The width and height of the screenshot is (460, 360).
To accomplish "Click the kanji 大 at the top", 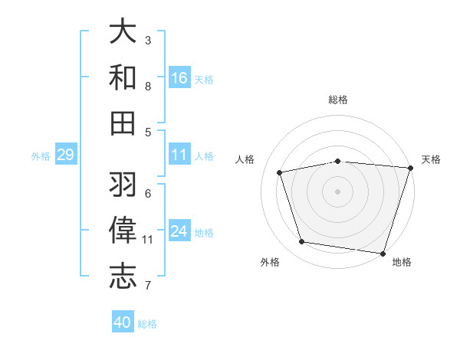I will tap(123, 31).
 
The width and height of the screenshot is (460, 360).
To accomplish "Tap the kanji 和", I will tap(123, 77).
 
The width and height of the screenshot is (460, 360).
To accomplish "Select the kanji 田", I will tap(123, 122).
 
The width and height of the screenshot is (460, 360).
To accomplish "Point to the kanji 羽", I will tap(123, 185).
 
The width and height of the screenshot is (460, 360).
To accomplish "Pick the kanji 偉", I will tap(123, 230).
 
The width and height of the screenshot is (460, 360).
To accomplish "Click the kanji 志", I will tap(123, 276).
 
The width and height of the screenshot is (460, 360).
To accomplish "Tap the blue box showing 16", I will tap(179, 78).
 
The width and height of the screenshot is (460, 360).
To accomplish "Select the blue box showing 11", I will tap(179, 155).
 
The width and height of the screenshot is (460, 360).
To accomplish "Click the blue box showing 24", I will tap(179, 232).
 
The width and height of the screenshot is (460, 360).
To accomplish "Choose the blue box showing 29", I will tap(65, 155).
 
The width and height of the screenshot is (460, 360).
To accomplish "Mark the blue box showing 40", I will tap(123, 323).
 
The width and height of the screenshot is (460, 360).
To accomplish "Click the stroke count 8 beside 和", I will tap(148, 86).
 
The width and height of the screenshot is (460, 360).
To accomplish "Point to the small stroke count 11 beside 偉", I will tap(148, 240).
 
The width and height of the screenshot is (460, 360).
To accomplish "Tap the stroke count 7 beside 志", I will tap(148, 286).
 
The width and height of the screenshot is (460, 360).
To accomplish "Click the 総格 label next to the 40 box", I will tap(147, 324).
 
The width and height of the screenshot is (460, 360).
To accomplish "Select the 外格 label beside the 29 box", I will tap(41, 156).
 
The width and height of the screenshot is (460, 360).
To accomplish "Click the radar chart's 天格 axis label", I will tap(431, 159).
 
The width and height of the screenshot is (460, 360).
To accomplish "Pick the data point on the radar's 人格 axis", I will tap(280, 172).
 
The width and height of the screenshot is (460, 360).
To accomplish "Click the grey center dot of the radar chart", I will tap(337, 191).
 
